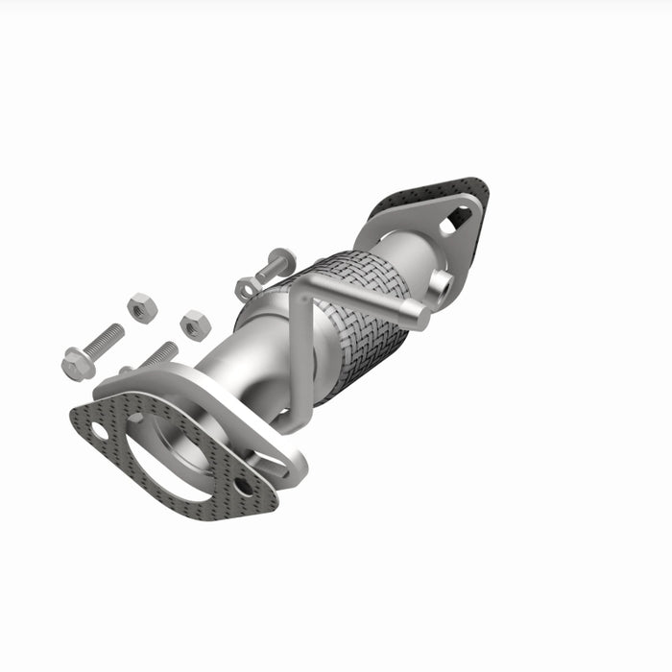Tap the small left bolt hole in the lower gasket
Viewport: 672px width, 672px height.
coord(100,432)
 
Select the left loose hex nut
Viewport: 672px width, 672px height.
coord(141,308)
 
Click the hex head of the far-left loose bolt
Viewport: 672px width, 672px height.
coord(76,363)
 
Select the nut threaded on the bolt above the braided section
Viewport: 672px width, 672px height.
coord(246,286)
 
